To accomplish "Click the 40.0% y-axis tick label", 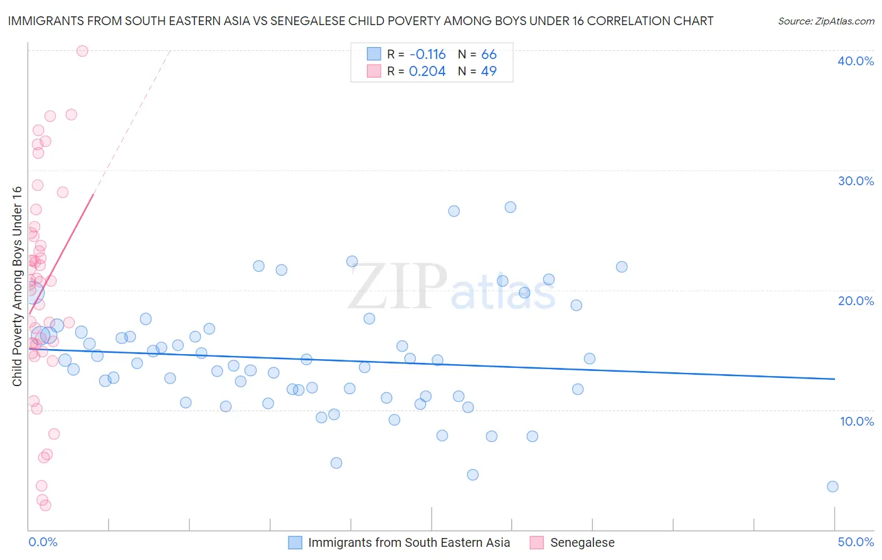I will click(x=856, y=61).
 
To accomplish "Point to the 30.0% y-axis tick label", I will click(x=856, y=181).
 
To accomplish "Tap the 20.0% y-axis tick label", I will click(x=856, y=301).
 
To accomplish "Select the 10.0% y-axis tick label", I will click(x=857, y=421).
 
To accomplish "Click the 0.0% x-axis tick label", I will click(x=43, y=542).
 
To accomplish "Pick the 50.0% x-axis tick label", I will click(x=856, y=542).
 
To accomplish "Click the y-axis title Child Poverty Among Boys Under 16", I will click(x=18, y=286).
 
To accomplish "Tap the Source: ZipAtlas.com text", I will click(x=826, y=21).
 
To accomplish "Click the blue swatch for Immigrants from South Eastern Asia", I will click(x=295, y=542).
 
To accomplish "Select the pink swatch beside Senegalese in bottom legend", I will click(x=536, y=542).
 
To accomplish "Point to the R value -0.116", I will click(x=427, y=55).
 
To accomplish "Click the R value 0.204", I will click(x=427, y=72).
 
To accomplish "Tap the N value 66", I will click(x=489, y=55).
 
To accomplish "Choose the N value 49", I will click(x=489, y=72).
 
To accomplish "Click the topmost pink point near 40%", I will click(x=82, y=51).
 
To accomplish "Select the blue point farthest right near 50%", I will click(x=832, y=487).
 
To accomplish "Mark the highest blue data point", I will click(x=511, y=207).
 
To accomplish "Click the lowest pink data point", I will click(x=45, y=505).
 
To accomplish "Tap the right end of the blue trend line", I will click(x=835, y=379).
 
